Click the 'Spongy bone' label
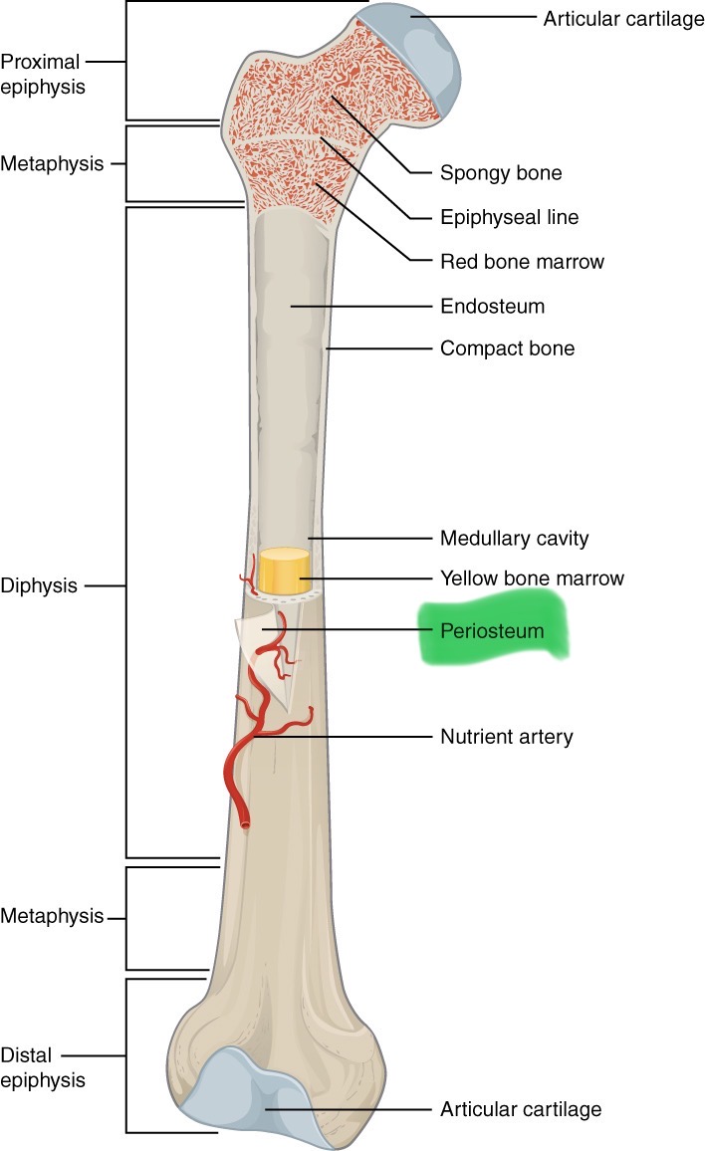(500, 173)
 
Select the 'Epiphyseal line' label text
(509, 217)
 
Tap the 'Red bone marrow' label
(522, 262)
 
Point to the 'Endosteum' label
(492, 307)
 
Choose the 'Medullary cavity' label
(514, 539)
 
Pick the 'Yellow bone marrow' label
(532, 578)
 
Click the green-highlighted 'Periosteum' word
(494, 631)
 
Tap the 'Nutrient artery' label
(506, 738)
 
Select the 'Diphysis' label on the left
(40, 585)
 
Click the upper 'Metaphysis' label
(52, 163)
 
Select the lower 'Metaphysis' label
(52, 916)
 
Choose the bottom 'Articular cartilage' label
(520, 1108)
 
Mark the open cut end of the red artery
(245, 823)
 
